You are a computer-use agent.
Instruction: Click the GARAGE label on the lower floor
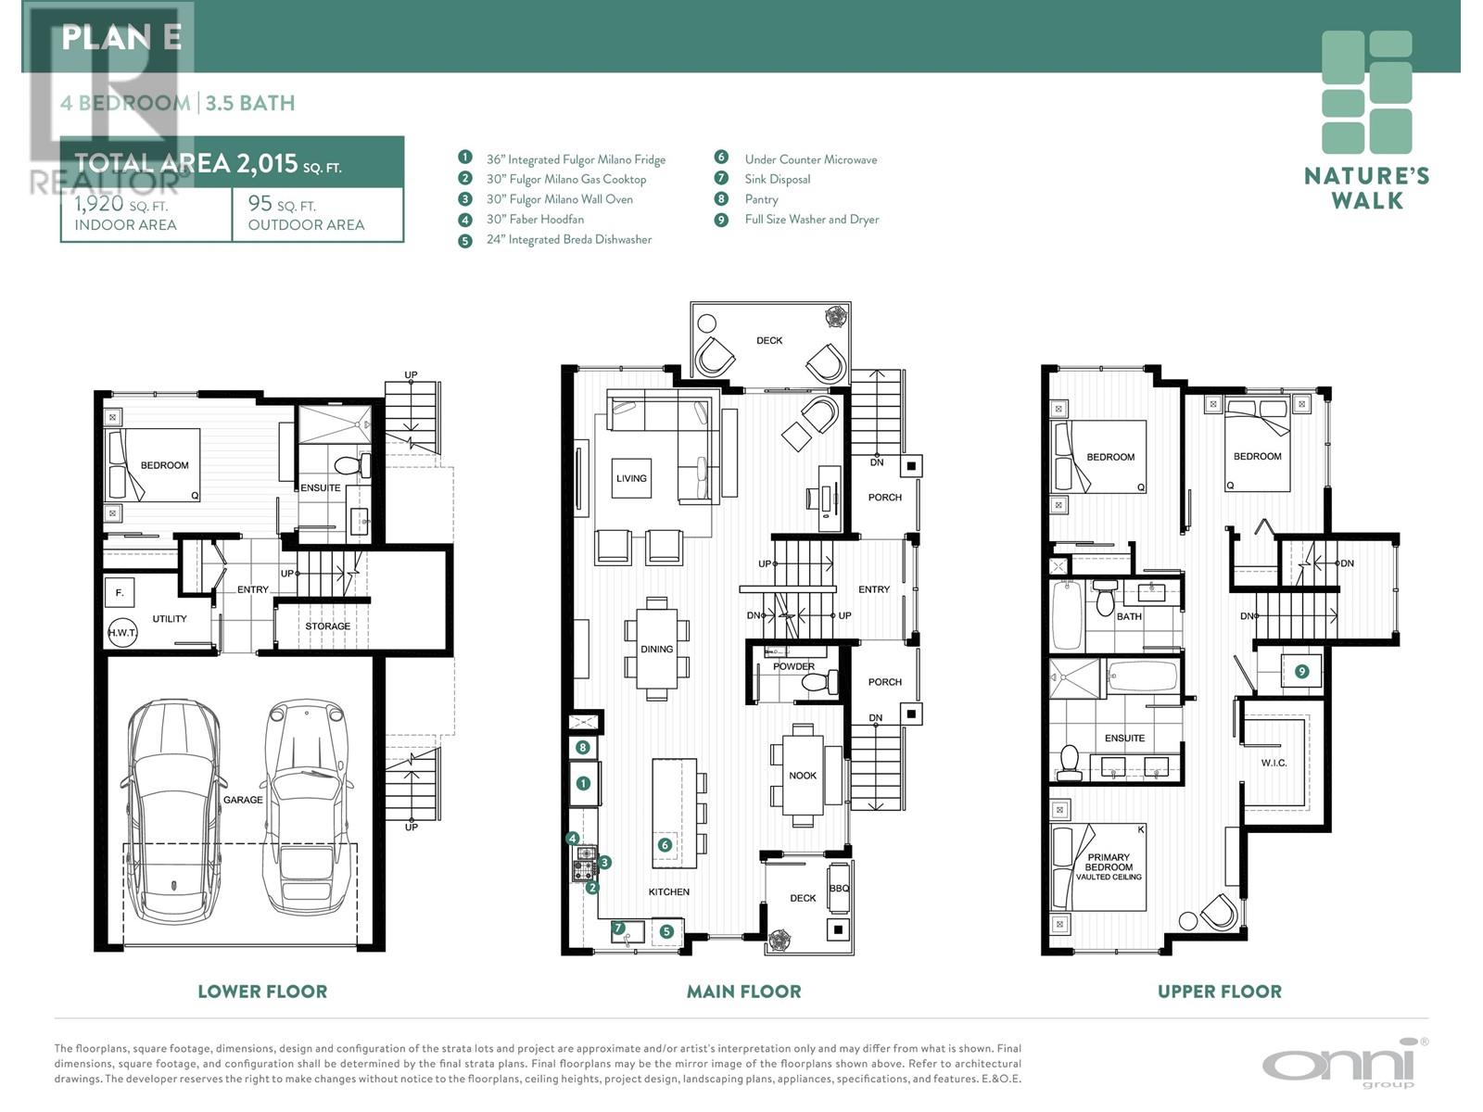(243, 800)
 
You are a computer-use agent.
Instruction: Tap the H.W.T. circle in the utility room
(123, 633)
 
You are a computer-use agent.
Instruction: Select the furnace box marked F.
(120, 593)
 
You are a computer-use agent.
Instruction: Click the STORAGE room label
(328, 626)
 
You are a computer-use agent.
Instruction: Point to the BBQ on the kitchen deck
(839, 889)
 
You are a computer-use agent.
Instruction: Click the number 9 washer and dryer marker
(1301, 672)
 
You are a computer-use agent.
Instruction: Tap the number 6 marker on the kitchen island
(665, 844)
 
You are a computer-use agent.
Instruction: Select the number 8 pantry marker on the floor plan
(582, 748)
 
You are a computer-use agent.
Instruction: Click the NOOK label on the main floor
(803, 776)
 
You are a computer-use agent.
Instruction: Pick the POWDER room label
(793, 666)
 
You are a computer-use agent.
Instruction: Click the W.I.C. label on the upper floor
(1274, 763)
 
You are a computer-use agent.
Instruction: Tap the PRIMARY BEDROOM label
(1109, 862)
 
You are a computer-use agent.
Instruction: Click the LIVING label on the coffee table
(631, 479)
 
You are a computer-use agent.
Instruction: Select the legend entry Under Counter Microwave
(811, 160)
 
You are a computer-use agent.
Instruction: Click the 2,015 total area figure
(267, 163)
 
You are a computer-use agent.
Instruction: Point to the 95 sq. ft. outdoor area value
(282, 204)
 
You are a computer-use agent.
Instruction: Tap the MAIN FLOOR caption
(744, 992)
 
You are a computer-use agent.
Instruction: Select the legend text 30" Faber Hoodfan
(535, 220)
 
